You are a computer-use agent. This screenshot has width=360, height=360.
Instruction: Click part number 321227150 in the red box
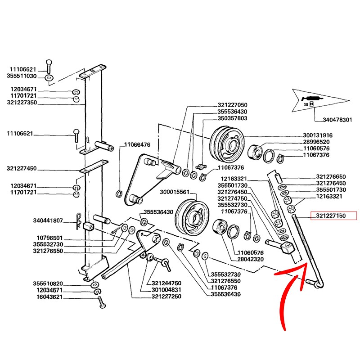tap(331, 216)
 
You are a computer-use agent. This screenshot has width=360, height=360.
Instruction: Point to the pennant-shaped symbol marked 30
tap(315, 99)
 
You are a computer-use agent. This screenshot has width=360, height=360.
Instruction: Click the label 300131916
tap(318, 135)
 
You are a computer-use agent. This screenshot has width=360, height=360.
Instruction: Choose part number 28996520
tap(316, 142)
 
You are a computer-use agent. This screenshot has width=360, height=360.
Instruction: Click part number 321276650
tap(331, 177)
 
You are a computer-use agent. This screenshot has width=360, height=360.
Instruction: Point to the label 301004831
tap(166, 290)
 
